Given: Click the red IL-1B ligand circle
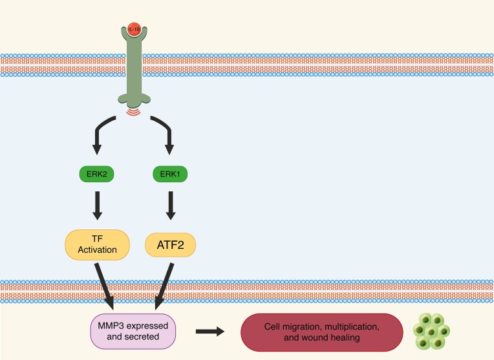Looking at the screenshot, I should tap(133, 30).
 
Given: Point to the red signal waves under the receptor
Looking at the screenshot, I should tap(134, 112).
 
